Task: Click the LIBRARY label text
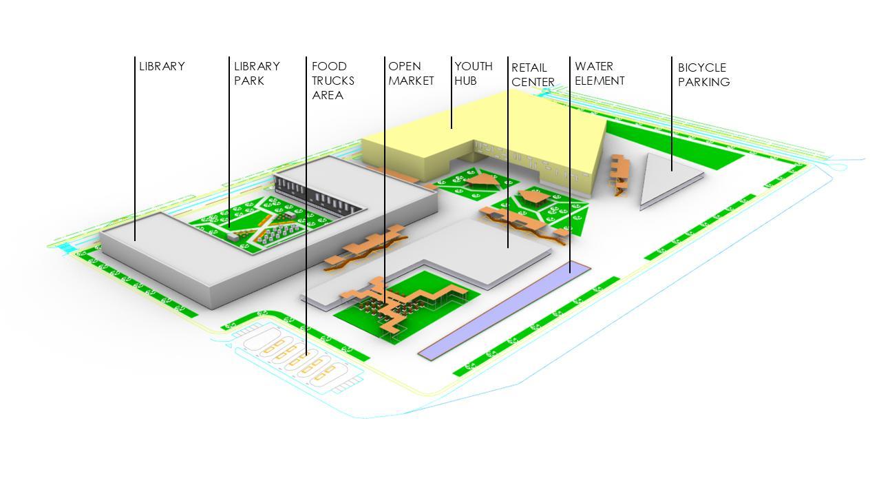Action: point(162,67)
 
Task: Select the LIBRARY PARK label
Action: point(257,74)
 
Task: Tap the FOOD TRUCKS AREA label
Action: point(333,81)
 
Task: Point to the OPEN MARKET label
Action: point(411,74)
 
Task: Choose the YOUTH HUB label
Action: point(474,74)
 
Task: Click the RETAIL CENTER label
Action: point(533,74)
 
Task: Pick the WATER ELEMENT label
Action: point(599,74)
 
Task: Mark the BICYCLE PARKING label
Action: point(703,74)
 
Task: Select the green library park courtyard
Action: point(262,220)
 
